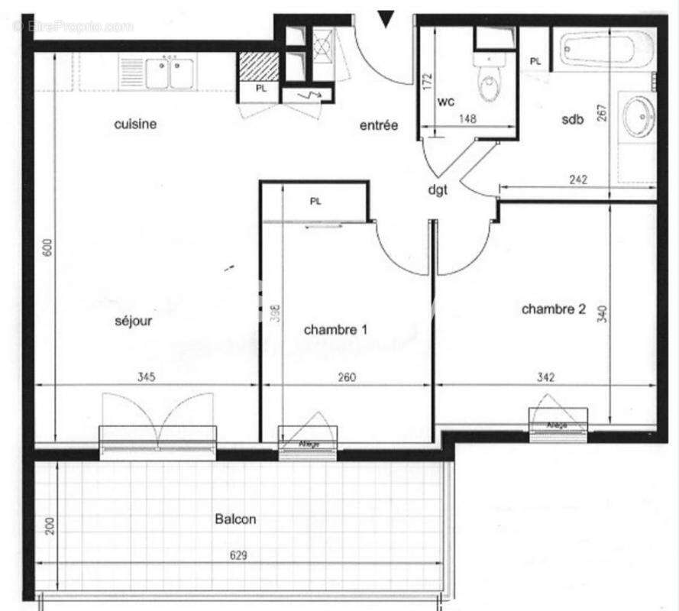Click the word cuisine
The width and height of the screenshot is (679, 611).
point(135,124)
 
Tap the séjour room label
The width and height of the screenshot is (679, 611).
point(133,321)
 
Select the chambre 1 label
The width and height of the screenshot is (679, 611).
point(335,330)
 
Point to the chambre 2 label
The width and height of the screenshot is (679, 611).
point(553,309)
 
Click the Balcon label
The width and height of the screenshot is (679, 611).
point(234,519)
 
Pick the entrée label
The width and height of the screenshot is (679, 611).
point(379,125)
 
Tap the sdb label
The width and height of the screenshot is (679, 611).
point(572,118)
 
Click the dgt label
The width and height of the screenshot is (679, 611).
point(437,189)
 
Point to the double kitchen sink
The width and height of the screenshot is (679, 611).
point(164,73)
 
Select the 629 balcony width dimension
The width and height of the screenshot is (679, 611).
point(239,556)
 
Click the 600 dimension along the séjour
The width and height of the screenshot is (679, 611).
point(47,247)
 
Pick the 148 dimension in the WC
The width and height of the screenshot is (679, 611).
point(468,118)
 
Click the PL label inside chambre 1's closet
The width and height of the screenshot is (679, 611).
point(315,202)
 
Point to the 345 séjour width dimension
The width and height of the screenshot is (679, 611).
point(146,377)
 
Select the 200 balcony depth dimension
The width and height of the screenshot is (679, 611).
point(49,525)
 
